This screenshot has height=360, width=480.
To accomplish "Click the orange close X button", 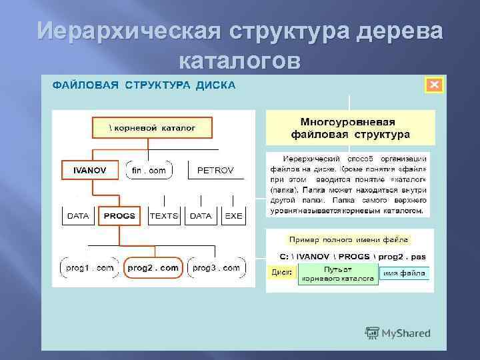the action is coord(433,85).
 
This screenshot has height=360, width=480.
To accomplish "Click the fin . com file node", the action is coord(149,170).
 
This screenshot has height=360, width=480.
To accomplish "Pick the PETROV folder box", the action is coord(215,170).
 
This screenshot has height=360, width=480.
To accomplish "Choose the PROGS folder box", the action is coord(120,215).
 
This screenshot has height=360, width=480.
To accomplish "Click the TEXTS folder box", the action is coord(164,215).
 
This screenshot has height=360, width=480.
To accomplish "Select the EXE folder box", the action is coord(233,215).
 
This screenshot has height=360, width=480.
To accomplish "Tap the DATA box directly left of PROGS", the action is coord(78,215).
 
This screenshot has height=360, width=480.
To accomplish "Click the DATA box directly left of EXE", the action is coord(200,215).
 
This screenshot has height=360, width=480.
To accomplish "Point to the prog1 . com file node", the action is coord(90,267).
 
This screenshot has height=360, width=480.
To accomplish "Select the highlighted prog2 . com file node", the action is coord(153,267).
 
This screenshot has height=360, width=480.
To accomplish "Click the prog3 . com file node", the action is coord(216,267).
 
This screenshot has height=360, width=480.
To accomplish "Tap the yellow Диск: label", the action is coord(283,273).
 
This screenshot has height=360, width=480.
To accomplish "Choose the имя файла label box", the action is coord(405,273).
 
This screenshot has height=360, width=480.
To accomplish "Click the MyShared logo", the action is coord(398,333).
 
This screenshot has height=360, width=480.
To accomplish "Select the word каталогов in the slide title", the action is coord(240,61).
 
